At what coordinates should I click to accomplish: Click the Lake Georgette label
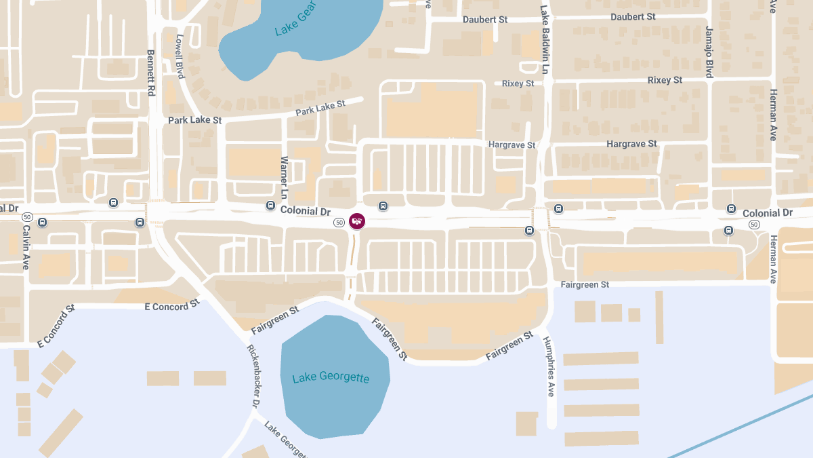click(331, 377)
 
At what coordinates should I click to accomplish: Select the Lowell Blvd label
click(180, 56)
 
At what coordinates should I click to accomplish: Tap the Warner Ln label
click(285, 176)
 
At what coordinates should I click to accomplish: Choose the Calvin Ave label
click(26, 248)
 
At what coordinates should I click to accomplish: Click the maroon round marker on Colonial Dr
click(357, 221)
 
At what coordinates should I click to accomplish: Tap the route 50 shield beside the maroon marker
click(339, 222)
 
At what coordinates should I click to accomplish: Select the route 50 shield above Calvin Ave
click(26, 216)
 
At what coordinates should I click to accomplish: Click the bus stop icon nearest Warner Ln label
click(270, 205)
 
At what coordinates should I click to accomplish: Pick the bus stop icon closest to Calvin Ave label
click(42, 222)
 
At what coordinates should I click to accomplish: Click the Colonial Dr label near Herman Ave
click(767, 213)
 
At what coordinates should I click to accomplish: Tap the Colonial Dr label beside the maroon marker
click(305, 211)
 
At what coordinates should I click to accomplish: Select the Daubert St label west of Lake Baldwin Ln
click(485, 20)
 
